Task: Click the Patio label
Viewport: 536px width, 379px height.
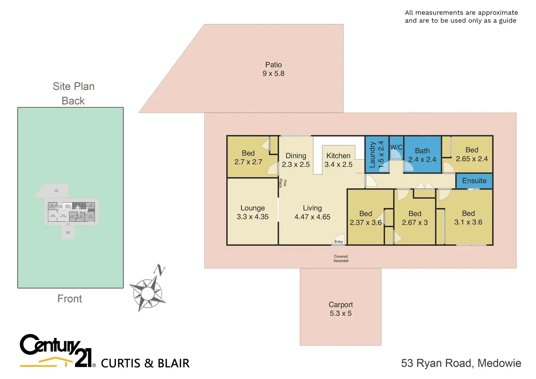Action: (x=273, y=69)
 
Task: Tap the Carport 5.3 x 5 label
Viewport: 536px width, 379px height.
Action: (x=340, y=309)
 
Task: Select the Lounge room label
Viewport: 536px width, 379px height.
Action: (x=252, y=212)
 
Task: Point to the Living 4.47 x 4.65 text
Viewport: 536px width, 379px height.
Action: (x=312, y=212)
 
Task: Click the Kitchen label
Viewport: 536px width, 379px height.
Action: (x=338, y=160)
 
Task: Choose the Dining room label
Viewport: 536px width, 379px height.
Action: (x=296, y=160)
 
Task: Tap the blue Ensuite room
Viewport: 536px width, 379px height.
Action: (x=474, y=181)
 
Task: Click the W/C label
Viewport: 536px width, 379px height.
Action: (x=396, y=147)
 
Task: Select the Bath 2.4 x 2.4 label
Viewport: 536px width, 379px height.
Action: (x=422, y=155)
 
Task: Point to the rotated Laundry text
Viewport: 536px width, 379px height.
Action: (x=376, y=155)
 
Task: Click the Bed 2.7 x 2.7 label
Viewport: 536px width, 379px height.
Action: (x=248, y=158)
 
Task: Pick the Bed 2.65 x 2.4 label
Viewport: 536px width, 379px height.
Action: (x=472, y=154)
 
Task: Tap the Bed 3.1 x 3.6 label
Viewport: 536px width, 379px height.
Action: (x=468, y=218)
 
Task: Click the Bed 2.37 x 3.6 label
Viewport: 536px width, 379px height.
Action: (x=366, y=218)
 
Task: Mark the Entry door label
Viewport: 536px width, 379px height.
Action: (x=339, y=242)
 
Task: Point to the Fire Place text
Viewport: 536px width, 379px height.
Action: (x=283, y=183)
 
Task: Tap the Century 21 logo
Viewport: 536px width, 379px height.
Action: (x=56, y=350)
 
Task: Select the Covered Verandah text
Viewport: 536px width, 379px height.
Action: (x=341, y=258)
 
